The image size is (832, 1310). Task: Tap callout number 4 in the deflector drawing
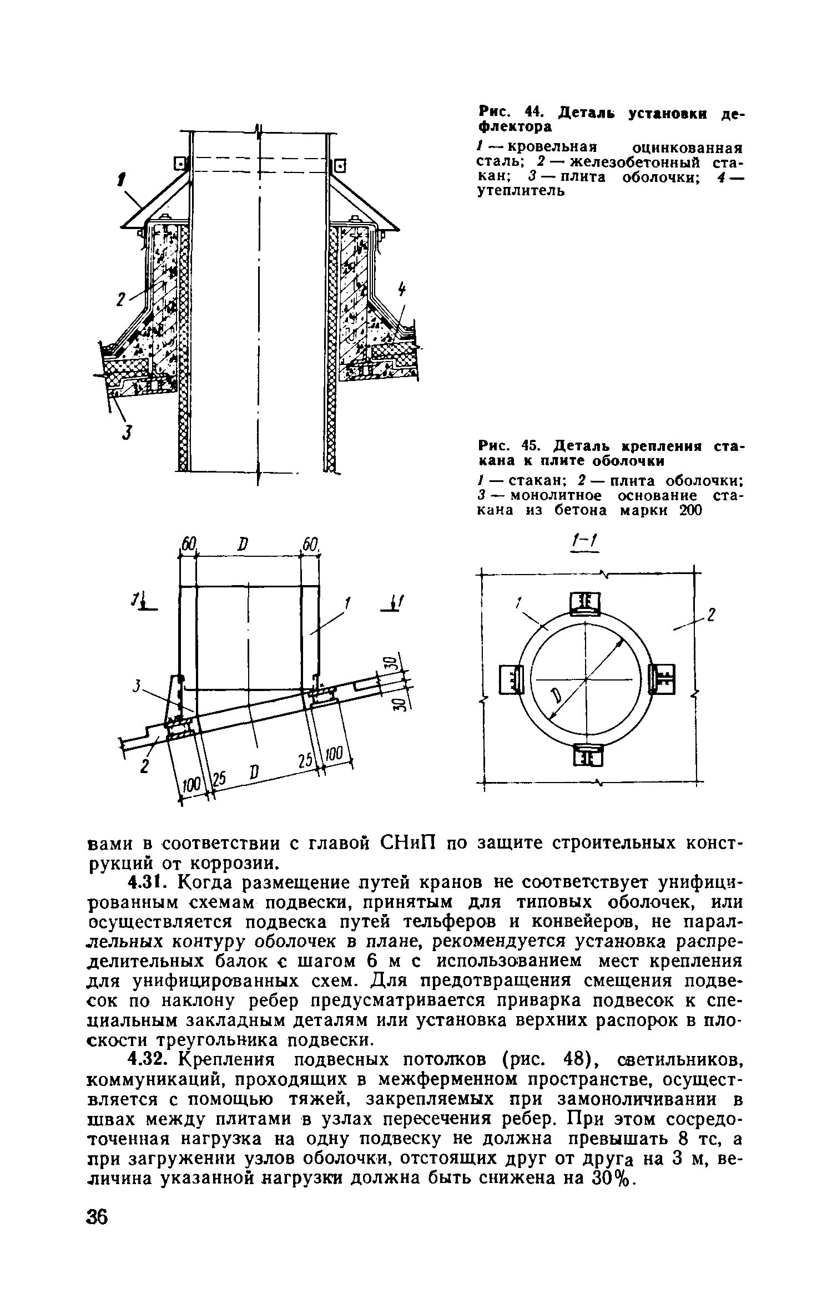click(402, 290)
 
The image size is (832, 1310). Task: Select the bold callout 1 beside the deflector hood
click(122, 182)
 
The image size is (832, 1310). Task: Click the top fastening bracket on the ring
click(586, 604)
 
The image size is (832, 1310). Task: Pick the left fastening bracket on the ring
click(511, 679)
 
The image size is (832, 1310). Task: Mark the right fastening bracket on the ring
click(663, 679)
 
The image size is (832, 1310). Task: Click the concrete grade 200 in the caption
click(690, 510)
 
